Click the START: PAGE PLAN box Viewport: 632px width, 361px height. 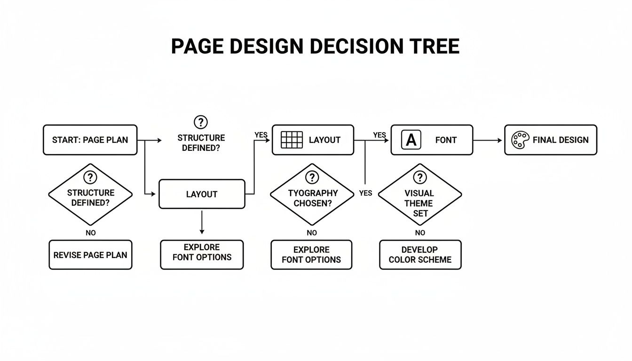click(90, 140)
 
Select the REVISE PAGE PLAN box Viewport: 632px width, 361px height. click(90, 255)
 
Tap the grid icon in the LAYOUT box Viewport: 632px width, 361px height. click(292, 140)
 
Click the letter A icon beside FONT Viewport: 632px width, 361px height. click(411, 140)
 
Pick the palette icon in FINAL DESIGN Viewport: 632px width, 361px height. click(520, 140)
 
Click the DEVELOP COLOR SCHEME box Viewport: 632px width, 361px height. click(420, 255)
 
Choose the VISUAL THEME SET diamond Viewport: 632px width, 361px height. click(419, 195)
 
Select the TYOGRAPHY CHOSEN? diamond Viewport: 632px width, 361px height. click(312, 195)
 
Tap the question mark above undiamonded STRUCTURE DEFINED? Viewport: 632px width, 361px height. click(201, 122)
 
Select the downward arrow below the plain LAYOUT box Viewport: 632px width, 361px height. click(202, 223)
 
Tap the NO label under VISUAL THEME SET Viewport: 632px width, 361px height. click(420, 233)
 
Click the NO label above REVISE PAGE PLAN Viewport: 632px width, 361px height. click(90, 233)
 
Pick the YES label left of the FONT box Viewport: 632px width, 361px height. click(379, 135)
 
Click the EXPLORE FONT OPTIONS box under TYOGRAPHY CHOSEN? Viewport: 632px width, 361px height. click(311, 255)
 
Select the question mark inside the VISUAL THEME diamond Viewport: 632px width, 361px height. click(419, 178)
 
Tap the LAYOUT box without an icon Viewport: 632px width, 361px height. click(202, 194)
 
